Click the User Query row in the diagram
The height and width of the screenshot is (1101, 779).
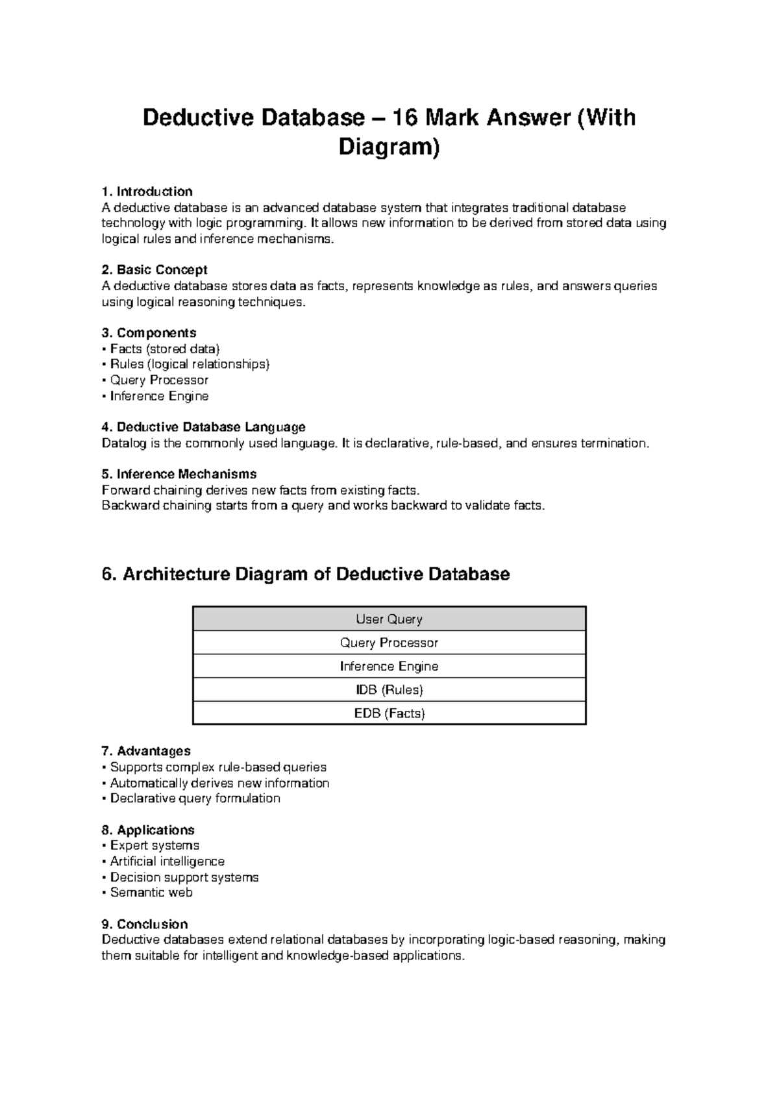click(389, 619)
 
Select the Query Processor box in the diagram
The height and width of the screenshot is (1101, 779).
click(389, 643)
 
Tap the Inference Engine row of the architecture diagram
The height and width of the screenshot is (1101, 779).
click(389, 666)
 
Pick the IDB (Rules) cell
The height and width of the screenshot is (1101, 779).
click(389, 689)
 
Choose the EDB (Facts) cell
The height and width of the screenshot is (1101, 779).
click(389, 713)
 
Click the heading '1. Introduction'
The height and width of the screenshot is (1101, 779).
click(147, 192)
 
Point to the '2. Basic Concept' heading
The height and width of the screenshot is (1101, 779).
click(155, 269)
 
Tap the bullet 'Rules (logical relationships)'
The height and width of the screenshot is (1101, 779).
click(189, 364)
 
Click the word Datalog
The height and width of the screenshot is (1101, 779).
click(123, 443)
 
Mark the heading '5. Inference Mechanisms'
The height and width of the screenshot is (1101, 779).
click(179, 474)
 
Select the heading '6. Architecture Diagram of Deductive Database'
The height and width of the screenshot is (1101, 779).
click(306, 575)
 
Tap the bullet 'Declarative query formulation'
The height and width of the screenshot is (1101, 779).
click(195, 798)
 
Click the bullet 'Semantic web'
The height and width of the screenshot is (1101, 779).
click(151, 893)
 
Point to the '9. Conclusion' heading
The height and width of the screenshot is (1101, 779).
click(145, 924)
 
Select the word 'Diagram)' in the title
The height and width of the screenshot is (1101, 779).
click(389, 148)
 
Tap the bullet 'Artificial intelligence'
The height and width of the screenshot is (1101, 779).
click(167, 861)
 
